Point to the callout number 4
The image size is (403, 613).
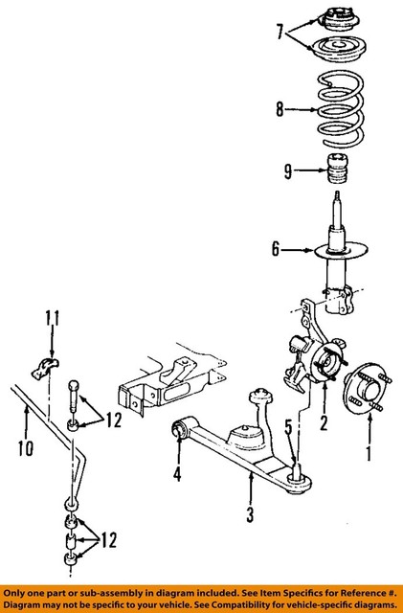177,472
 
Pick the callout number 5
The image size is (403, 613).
289,426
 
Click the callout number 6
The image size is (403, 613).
276,251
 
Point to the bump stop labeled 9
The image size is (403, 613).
338,175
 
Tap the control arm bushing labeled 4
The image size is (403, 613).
179,432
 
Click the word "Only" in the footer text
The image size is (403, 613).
18,591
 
